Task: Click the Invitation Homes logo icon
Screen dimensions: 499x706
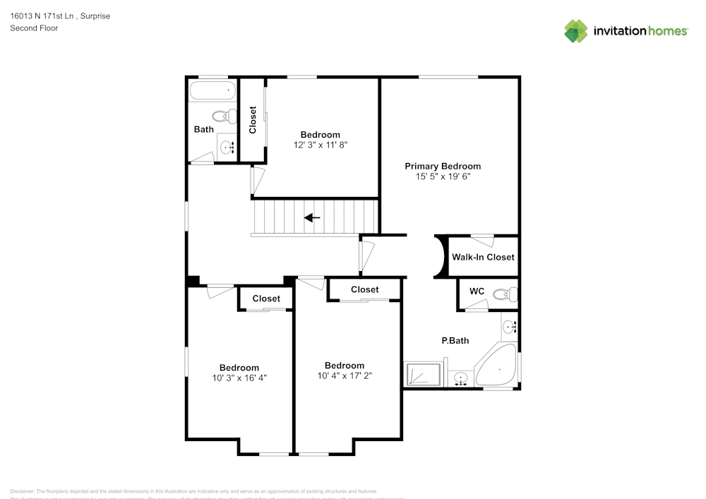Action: click(x=575, y=31)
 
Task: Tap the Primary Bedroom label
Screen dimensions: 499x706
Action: click(x=443, y=167)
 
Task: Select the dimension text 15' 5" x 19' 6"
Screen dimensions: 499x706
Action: click(x=443, y=177)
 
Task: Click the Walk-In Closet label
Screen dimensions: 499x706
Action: click(x=483, y=257)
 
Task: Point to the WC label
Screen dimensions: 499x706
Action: click(x=477, y=291)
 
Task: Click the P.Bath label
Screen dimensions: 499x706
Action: click(x=455, y=341)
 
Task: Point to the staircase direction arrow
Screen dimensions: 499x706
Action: click(x=312, y=217)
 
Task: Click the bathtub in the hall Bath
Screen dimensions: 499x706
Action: click(x=212, y=90)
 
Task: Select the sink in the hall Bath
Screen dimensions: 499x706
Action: click(x=227, y=148)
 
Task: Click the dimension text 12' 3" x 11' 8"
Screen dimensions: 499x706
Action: click(x=320, y=145)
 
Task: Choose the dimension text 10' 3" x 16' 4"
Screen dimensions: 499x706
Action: click(x=239, y=378)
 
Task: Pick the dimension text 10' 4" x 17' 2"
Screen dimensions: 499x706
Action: click(x=345, y=375)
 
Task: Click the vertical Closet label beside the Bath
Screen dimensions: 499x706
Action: click(x=253, y=120)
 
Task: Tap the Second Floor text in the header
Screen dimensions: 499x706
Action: click(x=34, y=28)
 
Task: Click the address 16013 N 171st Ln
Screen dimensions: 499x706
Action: click(x=42, y=16)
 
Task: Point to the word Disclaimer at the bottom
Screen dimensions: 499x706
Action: click(x=22, y=491)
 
